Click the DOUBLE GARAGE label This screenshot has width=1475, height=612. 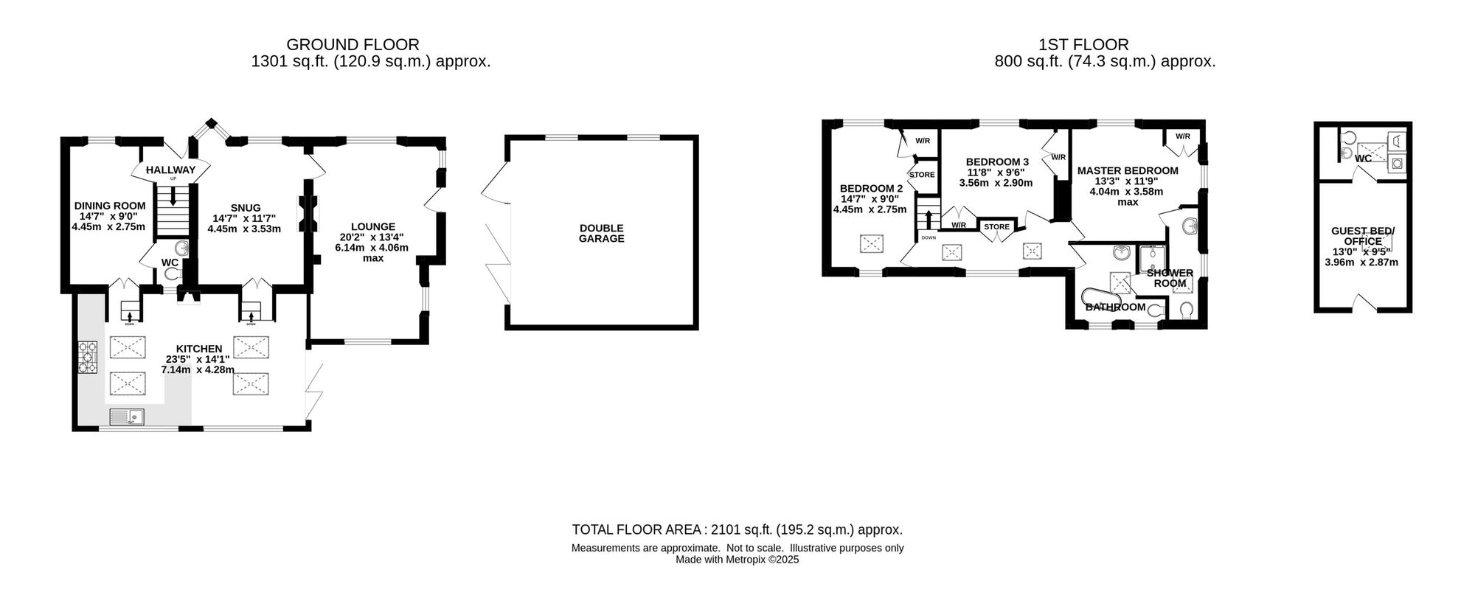[601, 234]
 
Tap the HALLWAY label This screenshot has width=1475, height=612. [170, 170]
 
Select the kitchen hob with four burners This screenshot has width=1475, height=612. [87, 358]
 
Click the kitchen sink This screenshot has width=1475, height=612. [128, 417]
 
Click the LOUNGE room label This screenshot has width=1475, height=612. [372, 227]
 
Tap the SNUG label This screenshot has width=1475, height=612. [245, 208]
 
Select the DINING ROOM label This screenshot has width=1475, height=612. [110, 206]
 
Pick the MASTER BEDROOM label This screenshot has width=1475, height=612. [1128, 170]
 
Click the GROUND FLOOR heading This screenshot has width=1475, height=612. [353, 45]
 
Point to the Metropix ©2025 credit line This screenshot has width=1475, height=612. [737, 560]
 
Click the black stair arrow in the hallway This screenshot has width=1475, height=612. [173, 196]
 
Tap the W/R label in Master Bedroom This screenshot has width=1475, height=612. [1183, 136]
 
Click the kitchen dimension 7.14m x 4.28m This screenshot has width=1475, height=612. [198, 370]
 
